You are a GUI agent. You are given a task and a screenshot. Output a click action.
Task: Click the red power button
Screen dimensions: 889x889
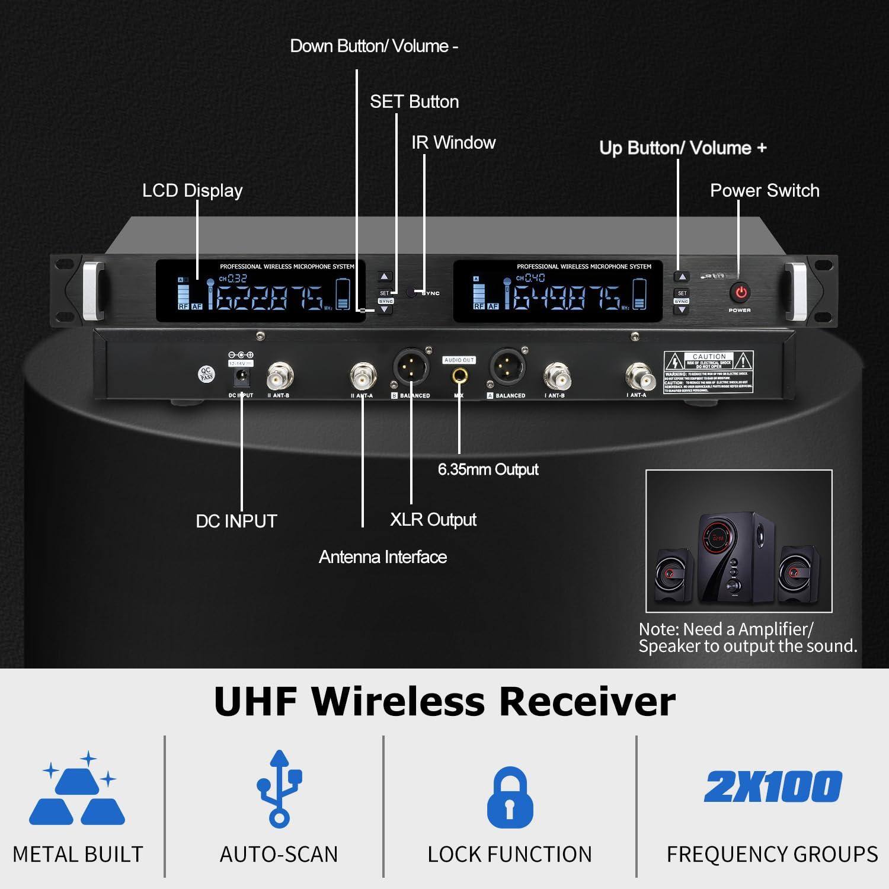[740, 292]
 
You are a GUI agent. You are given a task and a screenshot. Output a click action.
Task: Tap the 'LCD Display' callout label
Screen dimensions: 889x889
[192, 191]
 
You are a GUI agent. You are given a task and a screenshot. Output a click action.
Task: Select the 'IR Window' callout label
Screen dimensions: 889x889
[453, 143]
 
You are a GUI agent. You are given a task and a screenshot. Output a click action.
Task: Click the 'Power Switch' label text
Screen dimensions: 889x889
[765, 191]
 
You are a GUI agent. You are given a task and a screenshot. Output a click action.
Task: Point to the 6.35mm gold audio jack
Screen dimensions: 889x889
[459, 376]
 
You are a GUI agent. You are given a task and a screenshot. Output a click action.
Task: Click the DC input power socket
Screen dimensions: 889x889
[241, 376]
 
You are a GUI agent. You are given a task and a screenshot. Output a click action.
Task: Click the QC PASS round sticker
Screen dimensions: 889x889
[206, 374]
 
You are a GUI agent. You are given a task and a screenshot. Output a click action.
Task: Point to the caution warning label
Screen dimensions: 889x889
[708, 372]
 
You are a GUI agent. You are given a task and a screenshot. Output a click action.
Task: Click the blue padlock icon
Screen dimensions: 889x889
[510, 797]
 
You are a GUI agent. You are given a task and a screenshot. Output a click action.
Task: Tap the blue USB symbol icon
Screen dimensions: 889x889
[279, 788]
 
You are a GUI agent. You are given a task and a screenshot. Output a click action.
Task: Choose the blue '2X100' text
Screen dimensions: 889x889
[772, 786]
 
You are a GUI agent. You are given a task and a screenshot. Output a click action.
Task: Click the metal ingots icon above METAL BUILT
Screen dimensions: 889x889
[77, 791]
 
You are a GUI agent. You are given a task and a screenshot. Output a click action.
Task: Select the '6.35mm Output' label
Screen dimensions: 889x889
[488, 470]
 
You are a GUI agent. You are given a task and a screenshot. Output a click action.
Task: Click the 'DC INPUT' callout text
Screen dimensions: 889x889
[236, 522]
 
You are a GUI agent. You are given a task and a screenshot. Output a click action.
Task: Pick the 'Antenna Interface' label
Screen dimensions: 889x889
[383, 557]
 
